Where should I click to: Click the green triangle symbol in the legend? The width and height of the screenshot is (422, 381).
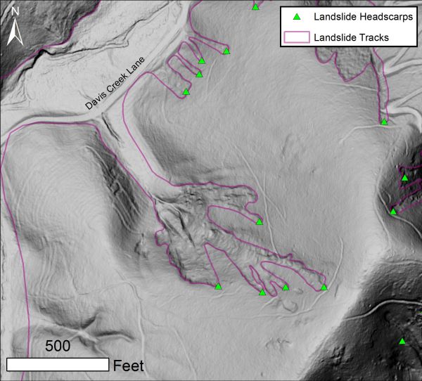coord(297,17)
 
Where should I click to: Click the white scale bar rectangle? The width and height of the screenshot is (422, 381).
coord(58,364)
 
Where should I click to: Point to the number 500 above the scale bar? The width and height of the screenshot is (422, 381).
coord(58,346)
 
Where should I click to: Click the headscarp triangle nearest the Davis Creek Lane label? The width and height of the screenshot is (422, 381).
coord(186,91)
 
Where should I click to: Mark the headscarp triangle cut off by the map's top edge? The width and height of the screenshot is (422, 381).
coord(255,7)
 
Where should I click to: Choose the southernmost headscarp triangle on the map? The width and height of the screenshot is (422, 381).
coord(402,342)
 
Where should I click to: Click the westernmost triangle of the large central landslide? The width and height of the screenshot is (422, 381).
coord(218,287)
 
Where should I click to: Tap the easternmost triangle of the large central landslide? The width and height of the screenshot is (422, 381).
coord(324,287)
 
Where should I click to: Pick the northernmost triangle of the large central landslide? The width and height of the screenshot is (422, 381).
coord(259,221)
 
